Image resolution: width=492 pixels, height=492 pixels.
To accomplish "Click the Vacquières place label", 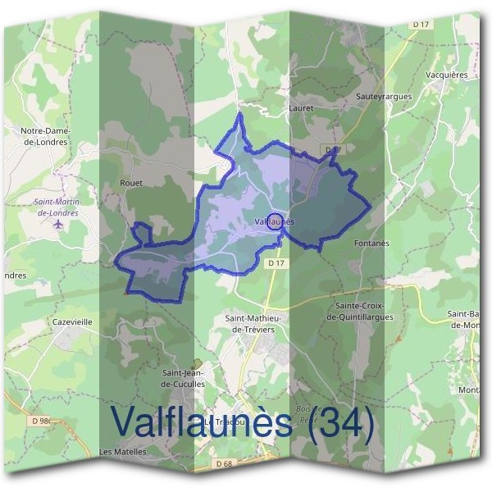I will [x=447, y=74].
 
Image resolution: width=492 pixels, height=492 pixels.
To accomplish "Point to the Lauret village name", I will [x=302, y=107].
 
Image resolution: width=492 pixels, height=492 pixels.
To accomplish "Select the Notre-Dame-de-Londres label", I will [x=45, y=135].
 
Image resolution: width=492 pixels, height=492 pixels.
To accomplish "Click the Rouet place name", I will [x=131, y=183].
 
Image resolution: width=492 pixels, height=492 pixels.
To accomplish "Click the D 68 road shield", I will [x=224, y=463].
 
